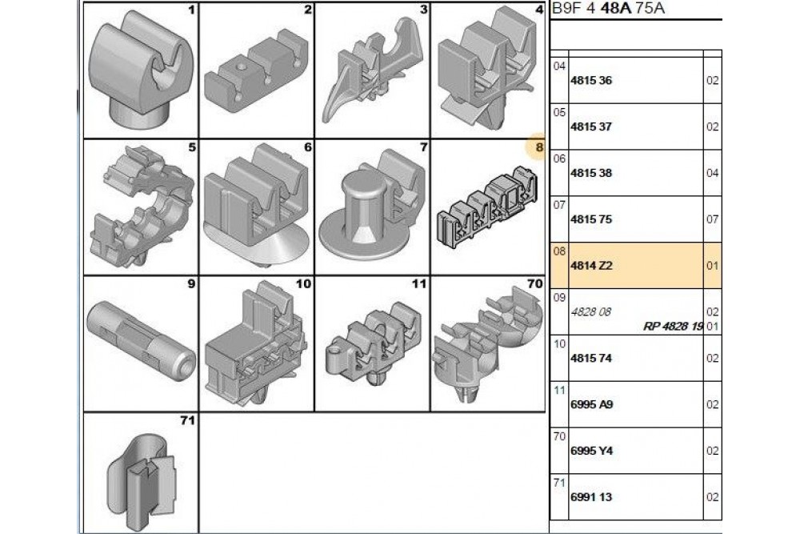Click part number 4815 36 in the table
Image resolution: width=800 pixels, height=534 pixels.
click(591, 81)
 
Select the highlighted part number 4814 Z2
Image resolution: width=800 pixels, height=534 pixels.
click(591, 266)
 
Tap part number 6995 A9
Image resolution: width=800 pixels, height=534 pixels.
click(592, 405)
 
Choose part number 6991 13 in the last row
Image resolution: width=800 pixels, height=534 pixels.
click(591, 497)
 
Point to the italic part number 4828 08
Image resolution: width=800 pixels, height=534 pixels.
click(591, 312)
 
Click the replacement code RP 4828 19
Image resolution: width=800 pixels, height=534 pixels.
click(674, 326)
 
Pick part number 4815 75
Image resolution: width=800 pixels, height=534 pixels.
click(591, 219)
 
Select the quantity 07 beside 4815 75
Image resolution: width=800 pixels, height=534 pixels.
click(713, 219)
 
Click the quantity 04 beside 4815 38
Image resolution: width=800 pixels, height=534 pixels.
click(713, 173)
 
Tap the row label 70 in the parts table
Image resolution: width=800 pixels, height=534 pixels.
click(559, 436)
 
